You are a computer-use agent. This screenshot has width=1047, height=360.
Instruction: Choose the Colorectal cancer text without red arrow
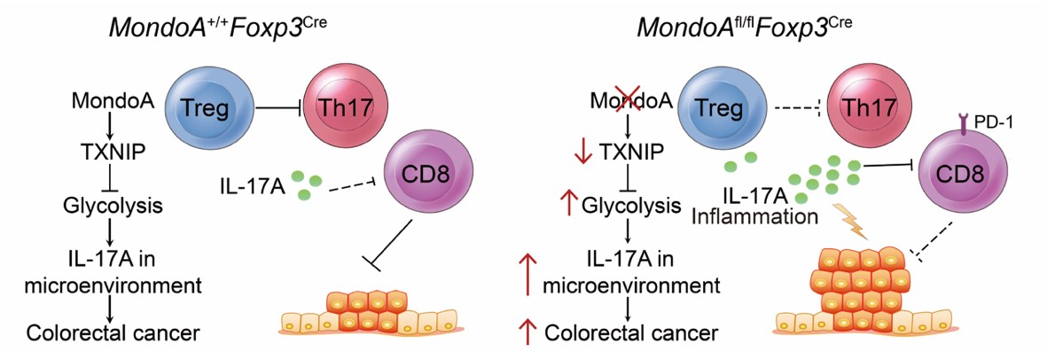[112, 333]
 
